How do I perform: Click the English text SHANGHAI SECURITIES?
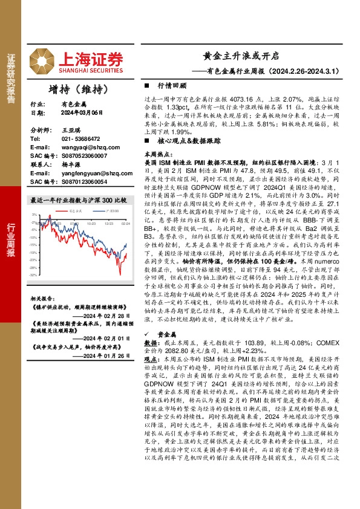pos(92,68)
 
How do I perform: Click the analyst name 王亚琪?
pos(71,130)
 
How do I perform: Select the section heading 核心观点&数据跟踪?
pos(188,139)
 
